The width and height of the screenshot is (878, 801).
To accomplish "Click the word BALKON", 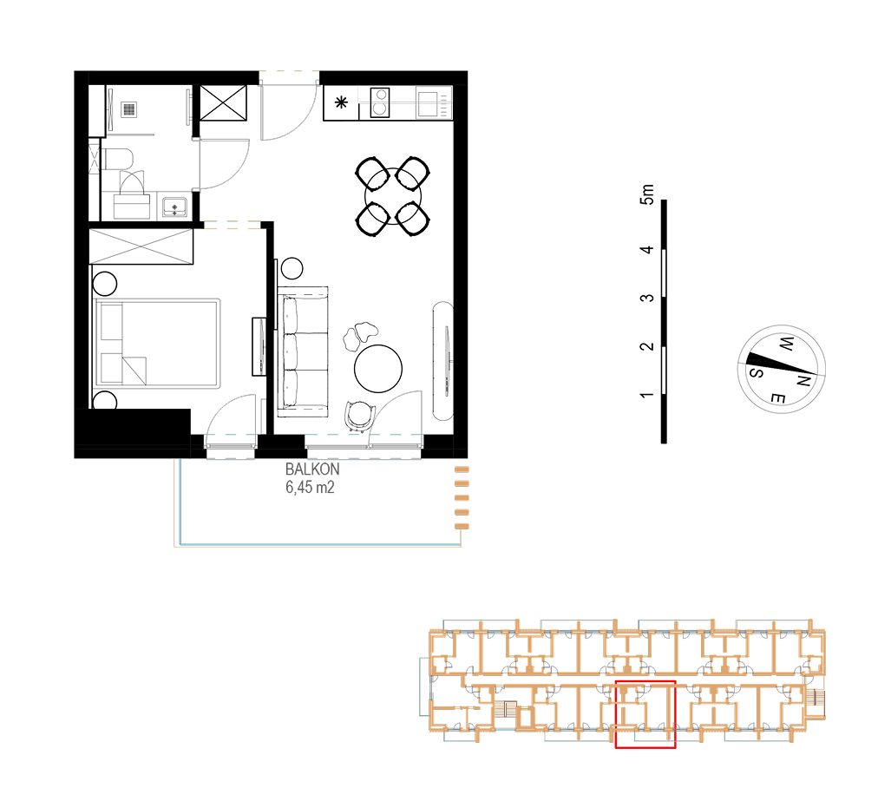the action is click(311, 469).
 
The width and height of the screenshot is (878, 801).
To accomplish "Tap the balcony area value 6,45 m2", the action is click(310, 488).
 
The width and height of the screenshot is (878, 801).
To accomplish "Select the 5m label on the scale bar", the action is click(646, 194).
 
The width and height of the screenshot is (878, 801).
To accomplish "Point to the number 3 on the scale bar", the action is click(646, 298).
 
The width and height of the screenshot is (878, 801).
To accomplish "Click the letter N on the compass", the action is click(803, 381).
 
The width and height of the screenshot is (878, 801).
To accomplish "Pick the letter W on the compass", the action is click(786, 344).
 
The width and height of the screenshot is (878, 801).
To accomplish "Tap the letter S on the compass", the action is click(756, 372).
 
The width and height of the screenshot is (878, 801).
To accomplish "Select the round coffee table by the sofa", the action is click(378, 369).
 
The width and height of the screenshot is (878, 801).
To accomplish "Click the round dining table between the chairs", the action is click(392, 196).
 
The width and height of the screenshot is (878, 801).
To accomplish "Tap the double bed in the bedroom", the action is click(158, 343).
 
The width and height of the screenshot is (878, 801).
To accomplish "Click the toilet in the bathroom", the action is click(116, 159).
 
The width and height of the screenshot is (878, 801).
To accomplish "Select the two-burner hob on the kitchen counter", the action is click(380, 102).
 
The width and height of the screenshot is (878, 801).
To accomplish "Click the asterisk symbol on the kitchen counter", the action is click(341, 102).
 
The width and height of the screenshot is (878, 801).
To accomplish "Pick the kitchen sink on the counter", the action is click(429, 103).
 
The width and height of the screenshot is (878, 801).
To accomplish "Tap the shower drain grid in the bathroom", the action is click(129, 109).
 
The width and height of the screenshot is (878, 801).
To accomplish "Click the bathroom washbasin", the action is click(174, 207).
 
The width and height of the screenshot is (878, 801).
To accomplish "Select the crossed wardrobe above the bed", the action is click(141, 246).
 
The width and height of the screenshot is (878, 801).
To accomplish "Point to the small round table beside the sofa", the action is click(292, 268).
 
